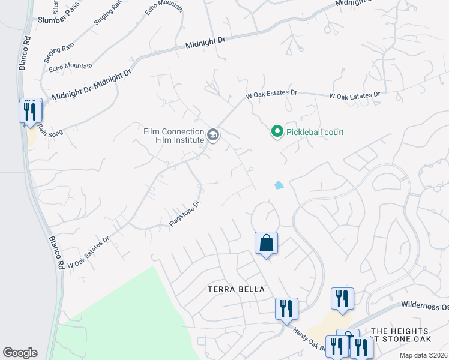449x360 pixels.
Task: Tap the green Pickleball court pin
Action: pyautogui.click(x=277, y=131)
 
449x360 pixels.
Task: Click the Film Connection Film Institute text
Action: pyautogui.click(x=173, y=136)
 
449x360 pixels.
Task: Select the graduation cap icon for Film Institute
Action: pyautogui.click(x=212, y=136)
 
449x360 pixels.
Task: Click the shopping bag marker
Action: pyautogui.click(x=266, y=244)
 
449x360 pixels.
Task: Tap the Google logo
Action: pyautogui.click(x=20, y=353)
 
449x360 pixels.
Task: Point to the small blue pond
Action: pyautogui.click(x=279, y=185)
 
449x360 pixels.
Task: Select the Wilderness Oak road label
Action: pyautogui.click(x=424, y=307)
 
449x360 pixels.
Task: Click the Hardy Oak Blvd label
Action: pyautogui.click(x=310, y=340)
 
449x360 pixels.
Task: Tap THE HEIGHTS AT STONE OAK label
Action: pyautogui.click(x=400, y=336)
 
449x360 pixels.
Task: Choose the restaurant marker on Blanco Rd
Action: pyautogui.click(x=29, y=112)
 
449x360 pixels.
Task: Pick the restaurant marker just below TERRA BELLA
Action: pyautogui.click(x=286, y=308)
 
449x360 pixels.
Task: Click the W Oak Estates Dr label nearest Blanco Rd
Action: pyautogui.click(x=88, y=253)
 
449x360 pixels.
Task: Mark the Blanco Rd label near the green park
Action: pyautogui.click(x=56, y=251)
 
